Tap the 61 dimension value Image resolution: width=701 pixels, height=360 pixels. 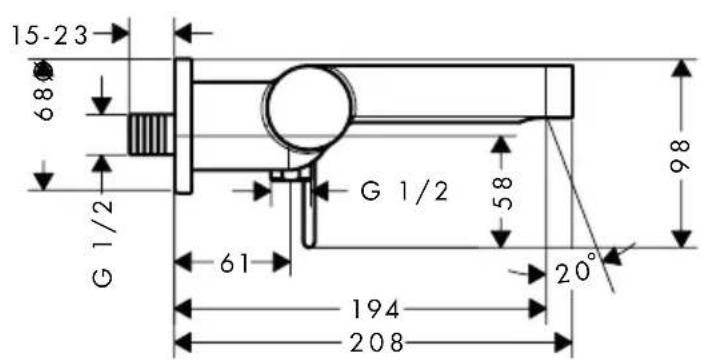234,264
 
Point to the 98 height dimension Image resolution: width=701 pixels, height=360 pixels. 682,152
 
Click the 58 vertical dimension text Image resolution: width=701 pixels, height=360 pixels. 505,194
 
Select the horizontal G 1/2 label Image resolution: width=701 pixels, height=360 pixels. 404,190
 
